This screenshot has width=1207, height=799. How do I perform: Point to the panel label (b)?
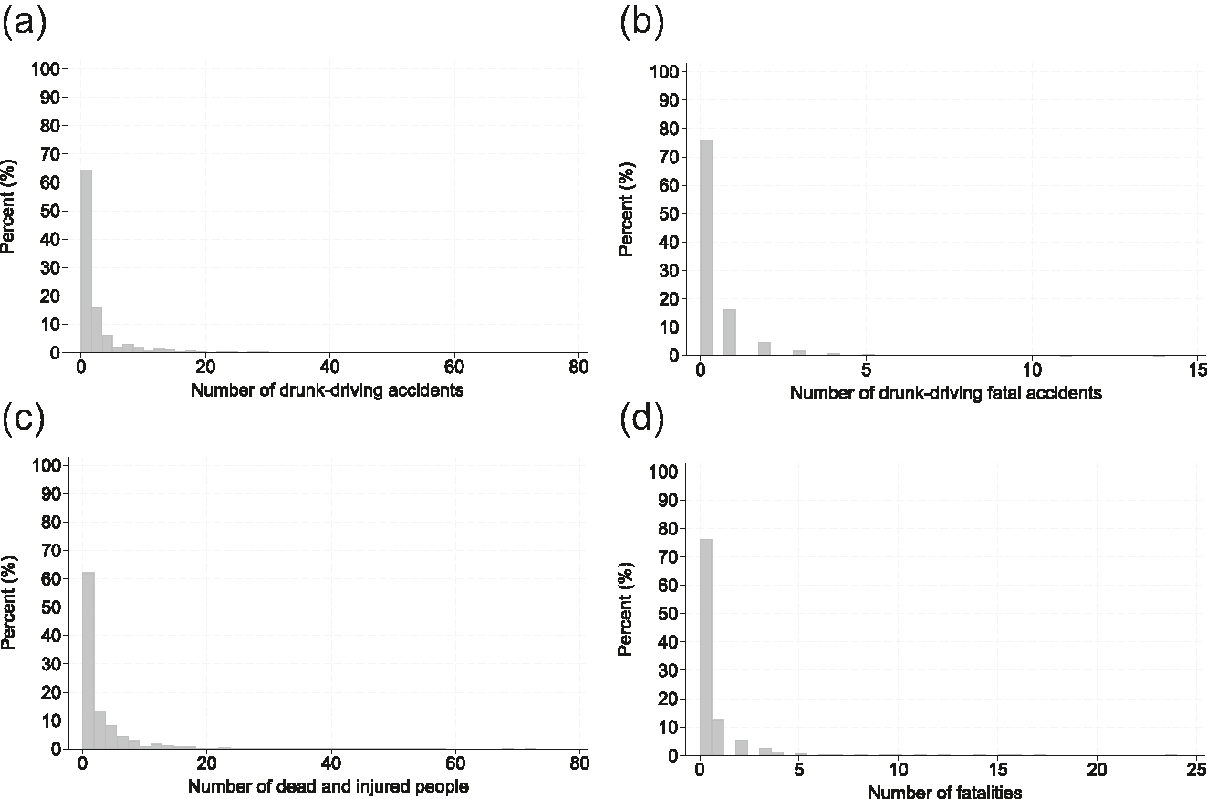pyautogui.click(x=641, y=22)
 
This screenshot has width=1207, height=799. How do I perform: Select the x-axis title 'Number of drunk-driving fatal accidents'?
pyautogui.click(x=946, y=394)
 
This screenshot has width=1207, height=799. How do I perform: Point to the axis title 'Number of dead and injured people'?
pyautogui.click(x=328, y=786)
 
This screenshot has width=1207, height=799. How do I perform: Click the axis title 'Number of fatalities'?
pyautogui.click(x=945, y=792)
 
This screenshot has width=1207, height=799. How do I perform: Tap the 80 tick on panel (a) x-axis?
pyautogui.click(x=577, y=368)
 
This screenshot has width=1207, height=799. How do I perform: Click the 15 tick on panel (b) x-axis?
pyautogui.click(x=1198, y=369)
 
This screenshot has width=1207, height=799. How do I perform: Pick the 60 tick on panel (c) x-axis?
pyautogui.click(x=455, y=763)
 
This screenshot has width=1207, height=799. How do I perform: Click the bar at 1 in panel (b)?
pyautogui.click(x=729, y=332)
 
